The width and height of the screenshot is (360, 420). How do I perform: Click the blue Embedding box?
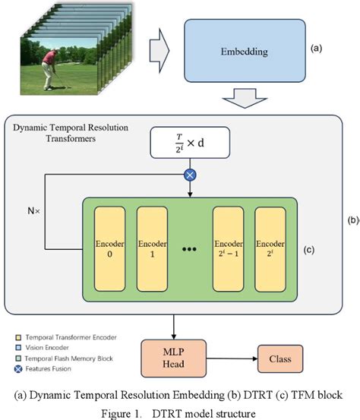245,51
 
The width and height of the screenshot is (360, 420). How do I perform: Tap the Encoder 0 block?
110,249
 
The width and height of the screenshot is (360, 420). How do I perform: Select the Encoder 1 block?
152,249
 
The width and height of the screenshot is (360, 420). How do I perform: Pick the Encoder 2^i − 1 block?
228,249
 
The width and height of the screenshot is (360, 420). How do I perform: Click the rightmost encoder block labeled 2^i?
270,249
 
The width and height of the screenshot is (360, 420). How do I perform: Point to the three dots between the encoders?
189,249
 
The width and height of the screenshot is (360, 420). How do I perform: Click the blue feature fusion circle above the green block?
190,175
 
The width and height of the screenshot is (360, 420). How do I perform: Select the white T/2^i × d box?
190,143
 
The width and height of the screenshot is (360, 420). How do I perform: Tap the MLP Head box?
174,358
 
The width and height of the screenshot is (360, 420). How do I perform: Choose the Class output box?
280,358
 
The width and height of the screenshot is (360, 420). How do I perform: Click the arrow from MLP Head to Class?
232,358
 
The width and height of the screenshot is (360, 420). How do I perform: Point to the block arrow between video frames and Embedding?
159,51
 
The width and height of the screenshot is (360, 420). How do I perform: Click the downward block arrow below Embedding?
245,98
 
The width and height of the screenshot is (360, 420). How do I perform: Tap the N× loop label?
33,211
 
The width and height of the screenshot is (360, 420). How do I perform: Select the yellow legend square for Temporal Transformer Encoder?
18,337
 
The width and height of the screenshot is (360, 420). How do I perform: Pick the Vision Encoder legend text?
47,348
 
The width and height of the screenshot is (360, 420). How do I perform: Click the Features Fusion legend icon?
18,369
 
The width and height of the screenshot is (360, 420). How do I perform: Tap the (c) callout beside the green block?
308,250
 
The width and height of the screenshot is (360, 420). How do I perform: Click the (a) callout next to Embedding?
316,48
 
